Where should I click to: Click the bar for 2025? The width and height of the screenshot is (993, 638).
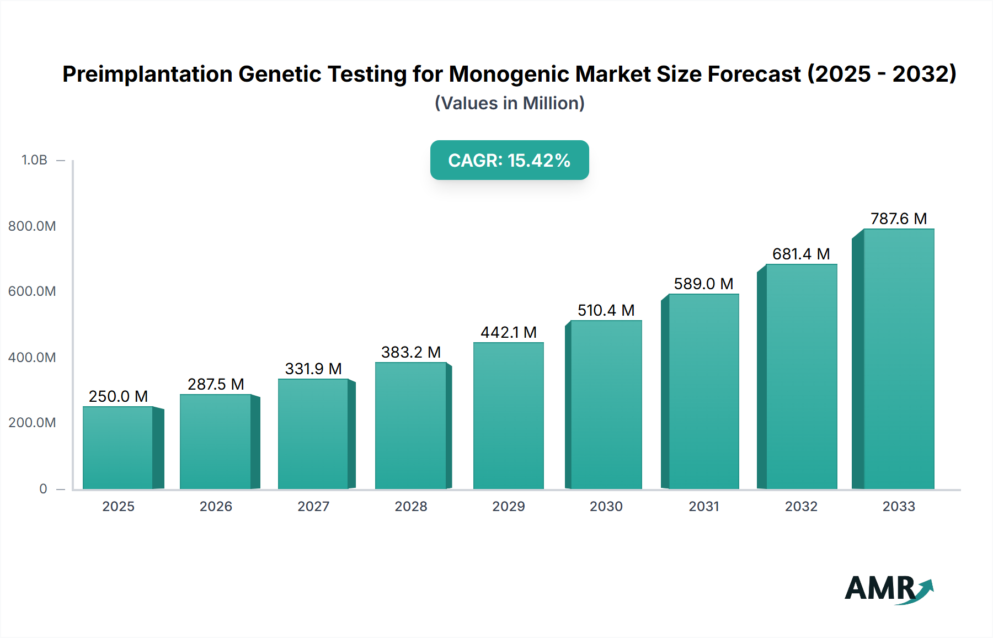click(118, 448)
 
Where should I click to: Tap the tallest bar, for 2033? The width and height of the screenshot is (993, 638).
click(899, 359)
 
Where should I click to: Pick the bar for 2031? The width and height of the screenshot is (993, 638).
click(703, 391)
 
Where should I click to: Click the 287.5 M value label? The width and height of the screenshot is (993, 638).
click(216, 384)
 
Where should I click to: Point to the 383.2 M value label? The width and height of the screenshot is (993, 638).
click(411, 352)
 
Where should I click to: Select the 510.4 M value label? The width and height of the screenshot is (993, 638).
click(606, 310)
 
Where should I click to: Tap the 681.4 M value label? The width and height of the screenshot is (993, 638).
click(801, 254)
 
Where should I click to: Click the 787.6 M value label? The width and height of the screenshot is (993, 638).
click(899, 219)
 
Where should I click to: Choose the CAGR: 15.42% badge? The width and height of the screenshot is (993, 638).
click(509, 160)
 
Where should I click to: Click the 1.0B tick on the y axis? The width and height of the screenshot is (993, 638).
click(34, 160)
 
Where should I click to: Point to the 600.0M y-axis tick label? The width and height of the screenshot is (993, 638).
click(32, 291)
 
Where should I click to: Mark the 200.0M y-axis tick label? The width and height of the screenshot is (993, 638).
click(32, 423)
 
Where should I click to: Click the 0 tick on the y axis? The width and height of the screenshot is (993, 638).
click(43, 488)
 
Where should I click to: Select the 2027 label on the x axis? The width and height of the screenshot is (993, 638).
click(313, 506)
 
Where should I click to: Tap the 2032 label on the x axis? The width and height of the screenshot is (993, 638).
click(801, 506)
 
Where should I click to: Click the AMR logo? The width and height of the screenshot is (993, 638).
click(888, 589)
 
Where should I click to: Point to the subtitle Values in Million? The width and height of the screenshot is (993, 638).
click(509, 103)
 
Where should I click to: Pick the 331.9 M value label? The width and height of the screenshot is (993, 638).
click(313, 369)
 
